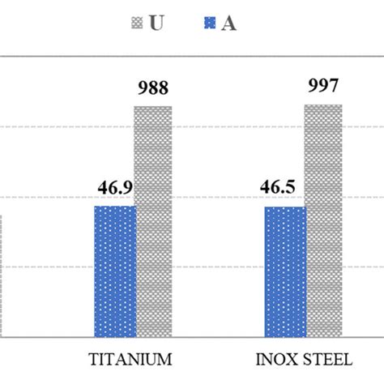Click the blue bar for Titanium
click(115, 271)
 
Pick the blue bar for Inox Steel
click(285, 271)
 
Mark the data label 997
click(323, 86)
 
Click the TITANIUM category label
click(130, 359)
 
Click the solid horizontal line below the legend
click(192, 58)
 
